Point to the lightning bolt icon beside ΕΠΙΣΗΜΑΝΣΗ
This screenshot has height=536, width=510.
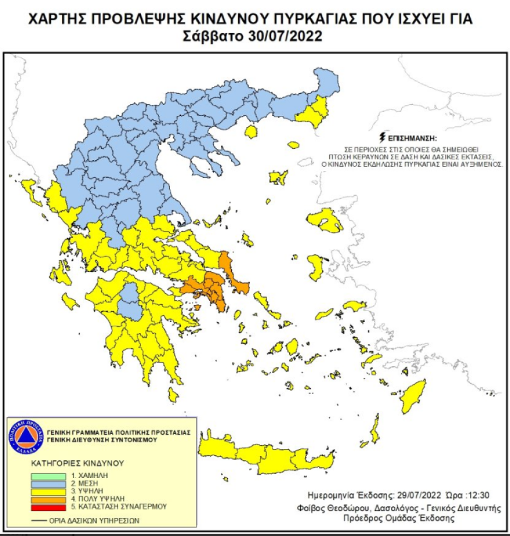(381, 139)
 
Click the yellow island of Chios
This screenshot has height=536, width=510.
(316, 265)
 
